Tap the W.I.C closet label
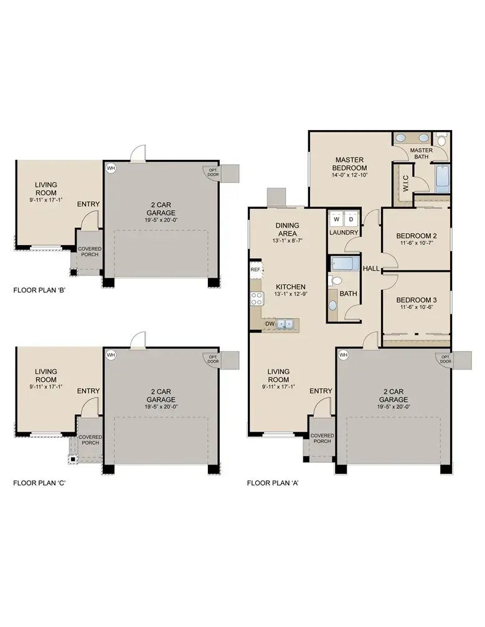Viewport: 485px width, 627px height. [x=405, y=184]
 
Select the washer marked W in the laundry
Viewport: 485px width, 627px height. [x=336, y=219]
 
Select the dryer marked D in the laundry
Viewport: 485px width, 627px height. [x=351, y=219]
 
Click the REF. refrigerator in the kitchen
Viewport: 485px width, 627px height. [x=255, y=269]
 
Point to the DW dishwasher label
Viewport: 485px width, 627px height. [x=270, y=323]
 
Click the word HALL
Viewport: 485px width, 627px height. [x=371, y=269]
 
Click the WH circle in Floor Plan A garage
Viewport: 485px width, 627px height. [x=342, y=355]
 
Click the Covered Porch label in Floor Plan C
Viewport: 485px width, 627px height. [x=90, y=440]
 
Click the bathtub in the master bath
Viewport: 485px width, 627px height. [x=442, y=179]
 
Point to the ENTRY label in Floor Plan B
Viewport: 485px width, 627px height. [x=88, y=204]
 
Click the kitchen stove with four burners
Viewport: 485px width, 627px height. [x=256, y=299]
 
